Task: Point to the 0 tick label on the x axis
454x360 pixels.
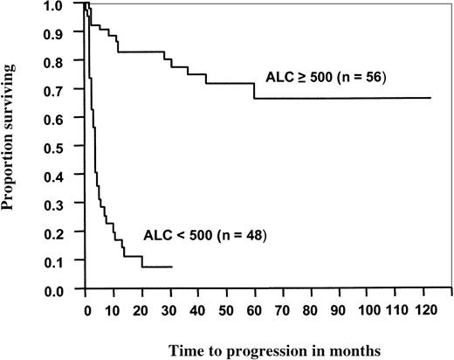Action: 86,310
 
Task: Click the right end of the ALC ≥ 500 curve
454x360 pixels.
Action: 430,98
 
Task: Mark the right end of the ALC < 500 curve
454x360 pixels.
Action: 172,267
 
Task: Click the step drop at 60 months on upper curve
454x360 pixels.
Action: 254,91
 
